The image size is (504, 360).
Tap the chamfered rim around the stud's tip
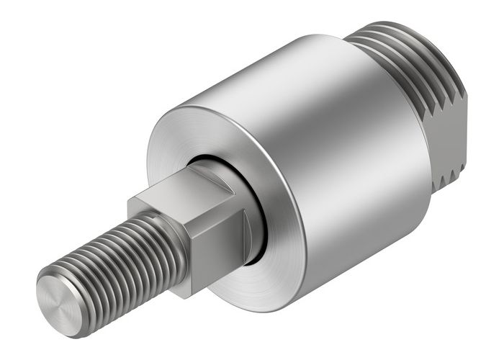[45, 288]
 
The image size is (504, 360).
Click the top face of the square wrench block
[186, 190]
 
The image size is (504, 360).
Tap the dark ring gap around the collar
[259, 238]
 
